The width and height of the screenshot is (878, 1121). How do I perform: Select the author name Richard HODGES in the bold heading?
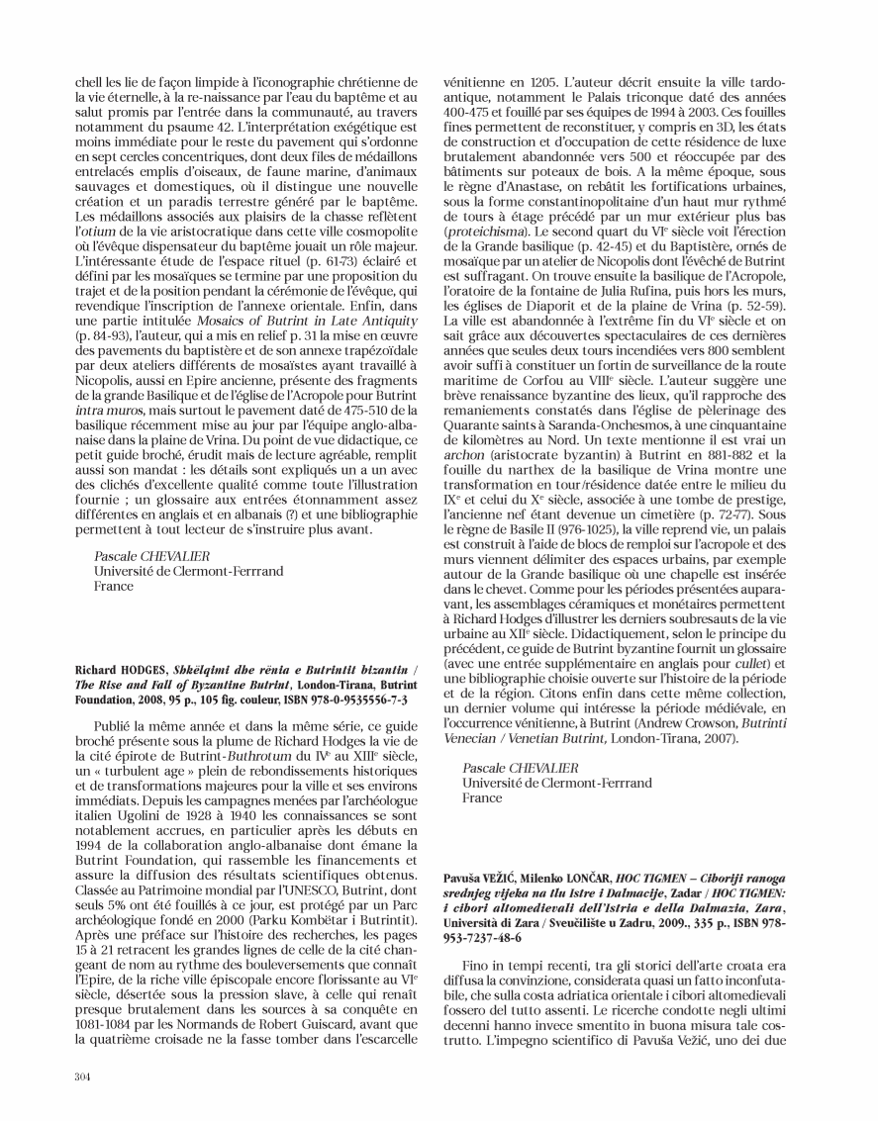coord(114,670)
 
